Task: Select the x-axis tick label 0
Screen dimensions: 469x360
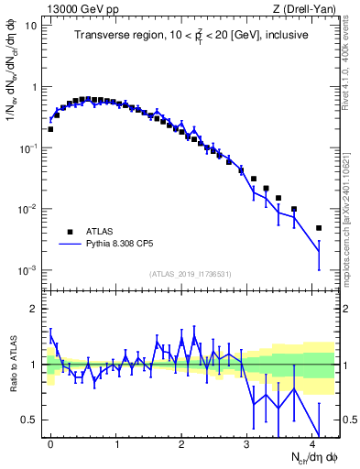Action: coord(50,442)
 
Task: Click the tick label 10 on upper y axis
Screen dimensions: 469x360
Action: coord(30,26)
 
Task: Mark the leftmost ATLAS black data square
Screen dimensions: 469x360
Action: coord(50,129)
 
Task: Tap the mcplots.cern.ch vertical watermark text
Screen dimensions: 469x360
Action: coord(351,220)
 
